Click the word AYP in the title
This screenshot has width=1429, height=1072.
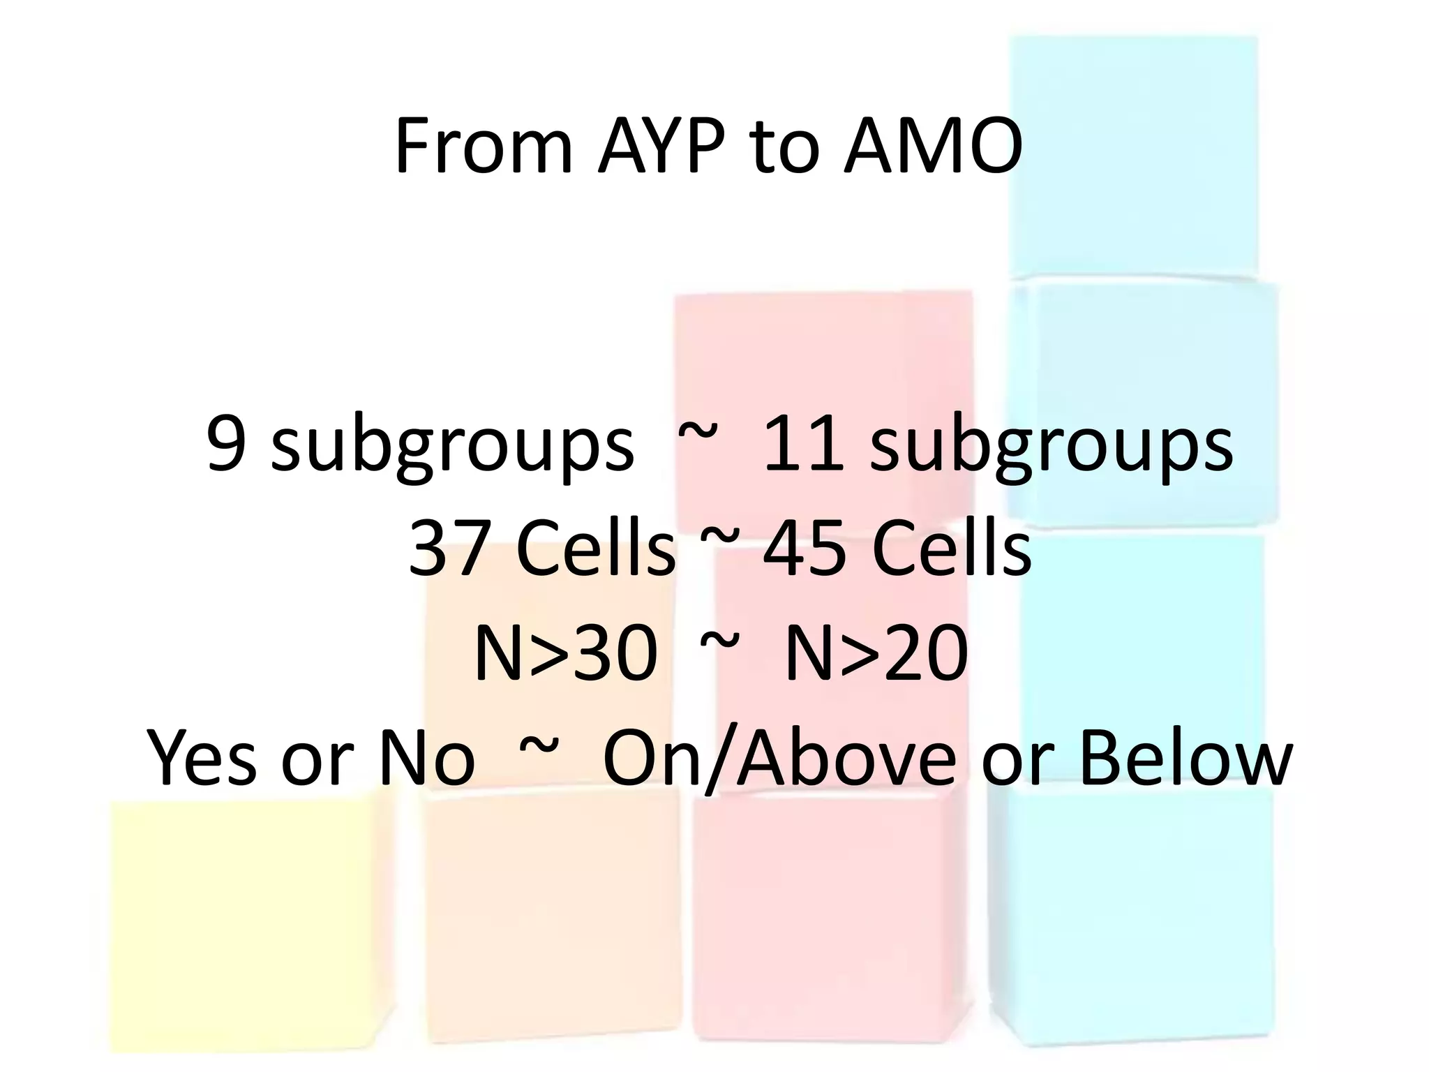665,147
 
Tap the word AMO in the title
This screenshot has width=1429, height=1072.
933,147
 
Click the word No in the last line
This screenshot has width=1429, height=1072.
426,759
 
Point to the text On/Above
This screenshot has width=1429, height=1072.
779,759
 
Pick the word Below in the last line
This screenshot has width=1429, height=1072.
1185,759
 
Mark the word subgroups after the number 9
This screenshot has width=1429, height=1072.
452,447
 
